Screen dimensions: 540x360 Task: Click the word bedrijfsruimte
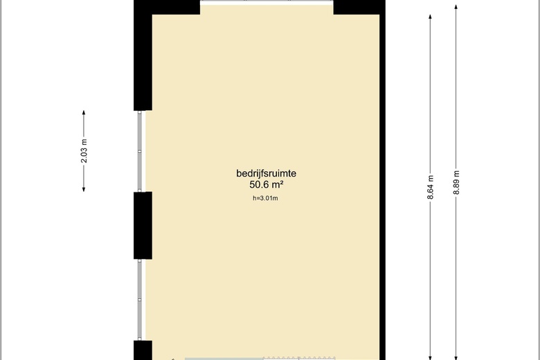tap(267, 173)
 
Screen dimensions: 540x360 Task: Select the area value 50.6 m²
tap(267, 185)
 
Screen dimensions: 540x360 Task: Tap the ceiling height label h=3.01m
tap(265, 198)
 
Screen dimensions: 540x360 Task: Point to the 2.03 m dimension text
tap(84, 151)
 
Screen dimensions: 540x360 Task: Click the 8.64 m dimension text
tap(430, 187)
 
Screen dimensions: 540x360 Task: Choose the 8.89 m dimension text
tap(456, 182)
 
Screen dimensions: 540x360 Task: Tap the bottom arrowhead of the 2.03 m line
tap(84, 189)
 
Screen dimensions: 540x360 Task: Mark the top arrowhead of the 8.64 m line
tap(430, 17)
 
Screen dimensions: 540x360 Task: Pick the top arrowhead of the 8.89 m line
tap(456, 7)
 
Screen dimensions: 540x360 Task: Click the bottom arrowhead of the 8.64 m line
tap(430, 358)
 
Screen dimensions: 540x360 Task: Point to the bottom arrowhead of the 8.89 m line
tap(456, 358)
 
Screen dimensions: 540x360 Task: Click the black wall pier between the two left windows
tap(143, 225)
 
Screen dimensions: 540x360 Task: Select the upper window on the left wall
tap(140, 151)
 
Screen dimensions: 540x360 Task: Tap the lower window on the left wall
tap(140, 300)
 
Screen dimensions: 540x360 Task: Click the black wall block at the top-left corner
tap(143, 55)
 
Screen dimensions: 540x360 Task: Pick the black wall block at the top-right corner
tap(359, 7)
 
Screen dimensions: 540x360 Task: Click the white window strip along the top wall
tap(267, 2)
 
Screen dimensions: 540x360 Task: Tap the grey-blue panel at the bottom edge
tap(224, 359)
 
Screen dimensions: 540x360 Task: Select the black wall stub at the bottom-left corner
tap(143, 350)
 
